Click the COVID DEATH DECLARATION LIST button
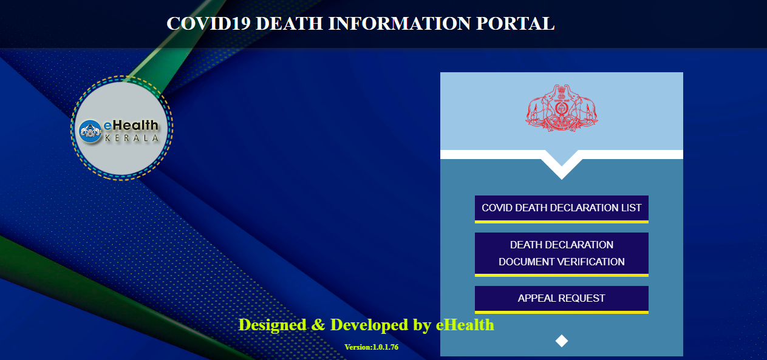coord(562,209)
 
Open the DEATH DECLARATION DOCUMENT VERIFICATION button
coord(562,254)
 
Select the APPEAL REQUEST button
coord(562,299)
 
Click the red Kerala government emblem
coord(562,108)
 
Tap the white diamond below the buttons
coord(562,341)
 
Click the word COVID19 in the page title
coord(208,24)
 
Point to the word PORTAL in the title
coord(516,24)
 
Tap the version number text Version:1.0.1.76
coord(372,347)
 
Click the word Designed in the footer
coord(272,324)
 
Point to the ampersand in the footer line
coord(318,325)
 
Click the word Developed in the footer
coord(369,325)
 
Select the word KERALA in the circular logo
coord(132,138)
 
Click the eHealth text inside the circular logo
coord(131,125)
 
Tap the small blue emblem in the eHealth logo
coord(90,131)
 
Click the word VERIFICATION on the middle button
coord(592,262)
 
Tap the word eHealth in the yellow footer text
coord(465,324)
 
